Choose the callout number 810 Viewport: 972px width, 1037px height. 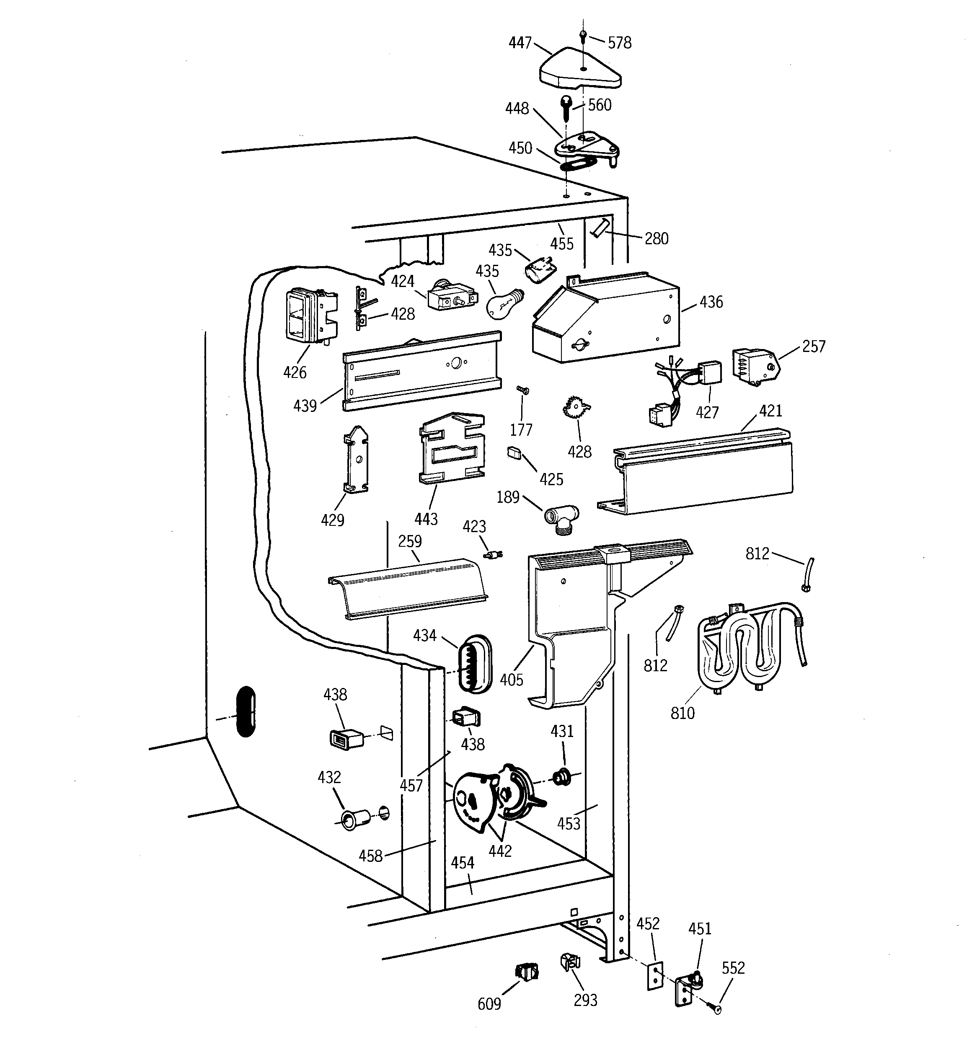[x=682, y=713]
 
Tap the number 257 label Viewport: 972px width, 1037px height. [x=813, y=347]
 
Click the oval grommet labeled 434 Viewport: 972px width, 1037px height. [x=474, y=664]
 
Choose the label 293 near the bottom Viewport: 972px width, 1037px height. [x=585, y=1000]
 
